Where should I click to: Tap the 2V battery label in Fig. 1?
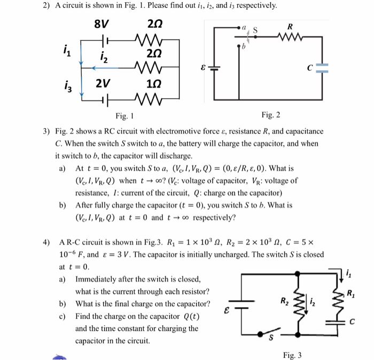point(103,84)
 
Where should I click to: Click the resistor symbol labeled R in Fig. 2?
point(291,37)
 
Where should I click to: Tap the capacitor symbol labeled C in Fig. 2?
point(318,68)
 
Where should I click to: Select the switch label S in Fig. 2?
point(255,29)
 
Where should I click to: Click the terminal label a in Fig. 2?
point(244,25)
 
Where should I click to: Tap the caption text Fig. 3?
point(292,355)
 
